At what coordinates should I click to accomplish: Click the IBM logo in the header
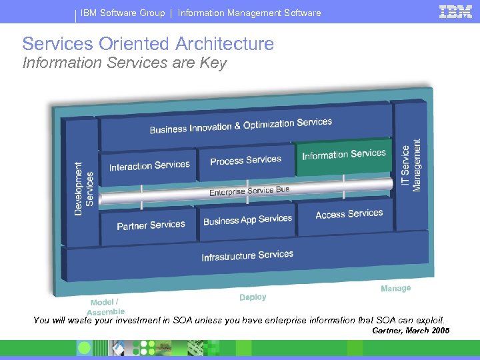pos(455,11)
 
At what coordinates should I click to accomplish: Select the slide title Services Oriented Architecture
pos(148,44)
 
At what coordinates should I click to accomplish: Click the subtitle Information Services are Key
pos(125,63)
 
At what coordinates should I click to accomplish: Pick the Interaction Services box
pos(149,166)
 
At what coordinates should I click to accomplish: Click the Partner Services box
pos(151,225)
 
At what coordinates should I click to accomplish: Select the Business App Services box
pos(247,220)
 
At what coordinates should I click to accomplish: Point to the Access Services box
pos(349,214)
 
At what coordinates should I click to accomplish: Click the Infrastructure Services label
pos(247,255)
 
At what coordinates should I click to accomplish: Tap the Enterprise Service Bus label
pos(249,191)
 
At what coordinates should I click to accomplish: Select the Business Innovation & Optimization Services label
pos(241,125)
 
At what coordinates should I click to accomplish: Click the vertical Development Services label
pos(83,188)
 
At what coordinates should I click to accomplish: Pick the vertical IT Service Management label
pos(411,165)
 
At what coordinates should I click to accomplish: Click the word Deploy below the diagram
pos(253,297)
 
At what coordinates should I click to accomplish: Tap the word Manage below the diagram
pos(395,289)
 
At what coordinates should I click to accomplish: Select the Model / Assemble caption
pos(105,306)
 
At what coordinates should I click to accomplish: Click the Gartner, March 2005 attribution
pos(411,331)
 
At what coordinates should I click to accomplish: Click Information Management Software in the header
pos(249,13)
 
